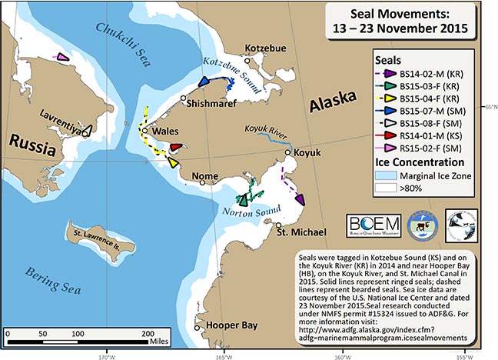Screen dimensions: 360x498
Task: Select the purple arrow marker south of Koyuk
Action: pyautogui.click(x=299, y=199)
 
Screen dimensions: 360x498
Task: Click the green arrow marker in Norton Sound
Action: pyautogui.click(x=244, y=199)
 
